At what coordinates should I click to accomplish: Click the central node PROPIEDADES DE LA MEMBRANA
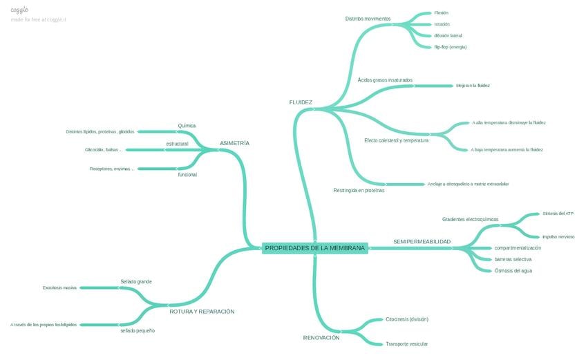click(x=314, y=248)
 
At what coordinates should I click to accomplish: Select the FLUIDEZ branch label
click(x=301, y=102)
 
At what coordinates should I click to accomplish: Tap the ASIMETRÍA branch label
click(x=234, y=143)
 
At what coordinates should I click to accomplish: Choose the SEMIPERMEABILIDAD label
click(x=422, y=242)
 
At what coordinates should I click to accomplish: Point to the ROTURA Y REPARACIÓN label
click(x=202, y=312)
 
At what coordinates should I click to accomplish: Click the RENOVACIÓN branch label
click(x=321, y=338)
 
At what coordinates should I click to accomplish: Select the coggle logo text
click(x=19, y=10)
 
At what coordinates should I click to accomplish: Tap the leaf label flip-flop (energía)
click(x=450, y=47)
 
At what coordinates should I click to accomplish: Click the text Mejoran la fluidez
click(x=473, y=86)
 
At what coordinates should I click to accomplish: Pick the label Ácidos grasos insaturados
click(x=385, y=80)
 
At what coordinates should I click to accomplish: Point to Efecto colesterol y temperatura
click(x=396, y=140)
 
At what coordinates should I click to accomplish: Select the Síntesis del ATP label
click(x=558, y=214)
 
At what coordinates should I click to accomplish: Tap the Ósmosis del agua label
click(x=513, y=271)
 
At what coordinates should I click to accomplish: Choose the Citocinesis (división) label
click(x=407, y=319)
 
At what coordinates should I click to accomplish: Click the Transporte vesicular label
click(x=406, y=343)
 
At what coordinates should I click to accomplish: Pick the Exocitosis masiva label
click(x=59, y=287)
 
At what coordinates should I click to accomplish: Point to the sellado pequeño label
click(x=138, y=331)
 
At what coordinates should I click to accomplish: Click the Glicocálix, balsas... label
click(x=104, y=149)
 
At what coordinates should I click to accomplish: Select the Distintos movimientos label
click(x=368, y=19)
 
